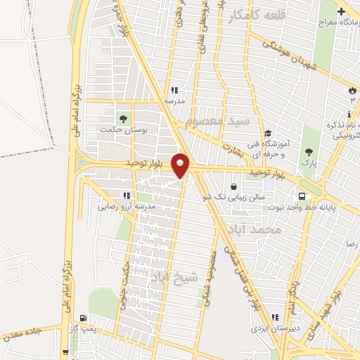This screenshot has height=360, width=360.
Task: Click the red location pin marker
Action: pyautogui.click(x=181, y=165)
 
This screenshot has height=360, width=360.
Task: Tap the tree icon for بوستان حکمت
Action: pyautogui.click(x=124, y=117)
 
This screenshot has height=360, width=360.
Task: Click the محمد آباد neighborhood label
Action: pyautogui.click(x=259, y=229)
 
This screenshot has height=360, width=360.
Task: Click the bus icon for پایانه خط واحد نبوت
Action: pyautogui.click(x=302, y=197)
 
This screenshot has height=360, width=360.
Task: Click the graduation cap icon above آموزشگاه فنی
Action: pyautogui.click(x=268, y=134)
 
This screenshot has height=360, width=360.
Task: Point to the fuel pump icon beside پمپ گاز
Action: pyautogui.click(x=84, y=318)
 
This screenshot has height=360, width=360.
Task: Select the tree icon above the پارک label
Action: pyautogui.click(x=308, y=151)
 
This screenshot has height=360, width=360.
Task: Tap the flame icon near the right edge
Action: pyautogui.click(x=351, y=90)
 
